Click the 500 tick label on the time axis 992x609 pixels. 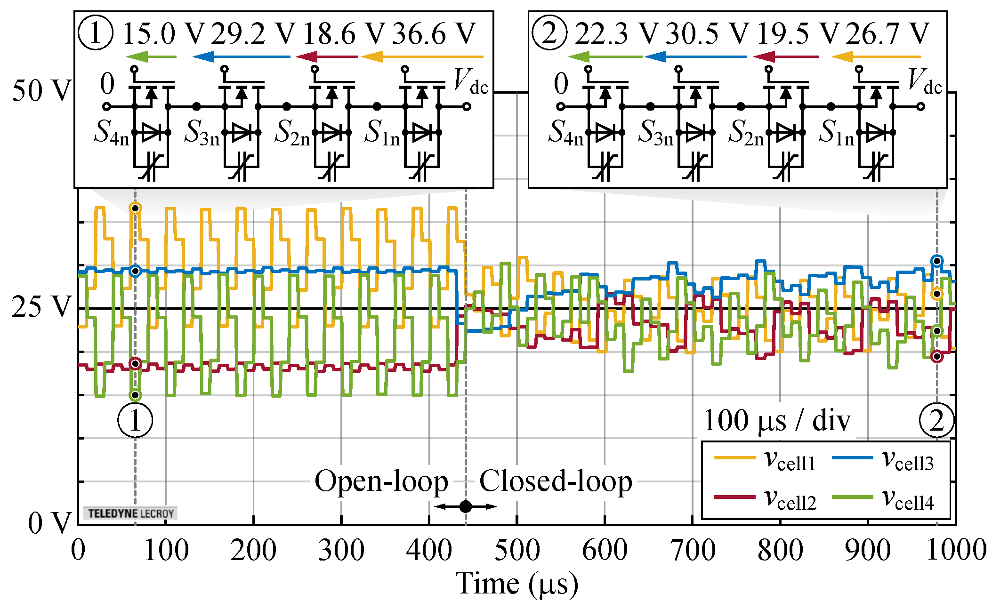tap(516, 550)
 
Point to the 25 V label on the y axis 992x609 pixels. tap(41, 307)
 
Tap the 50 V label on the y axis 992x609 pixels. tap(41, 90)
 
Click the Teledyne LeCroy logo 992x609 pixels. tap(130, 513)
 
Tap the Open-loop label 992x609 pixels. tap(381, 482)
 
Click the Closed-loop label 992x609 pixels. tap(556, 482)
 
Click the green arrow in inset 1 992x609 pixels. tap(152, 57)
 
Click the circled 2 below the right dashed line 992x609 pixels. tap(936, 420)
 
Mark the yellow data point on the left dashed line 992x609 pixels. tap(135, 208)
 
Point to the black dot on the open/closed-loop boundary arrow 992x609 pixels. tap(465, 506)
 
